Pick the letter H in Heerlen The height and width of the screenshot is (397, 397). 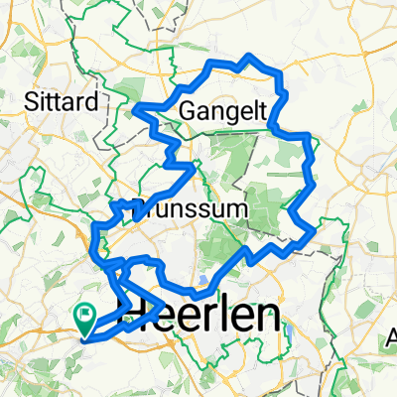135,311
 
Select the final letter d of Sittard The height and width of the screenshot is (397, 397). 93,102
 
